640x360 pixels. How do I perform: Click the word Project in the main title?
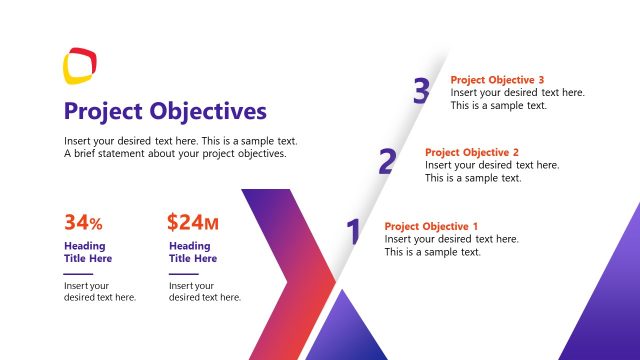coord(103,111)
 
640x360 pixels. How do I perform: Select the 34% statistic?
coord(83,222)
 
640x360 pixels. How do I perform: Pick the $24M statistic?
coord(192,222)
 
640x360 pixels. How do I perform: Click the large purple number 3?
coord(421,91)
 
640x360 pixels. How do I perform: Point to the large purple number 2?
coord(386,162)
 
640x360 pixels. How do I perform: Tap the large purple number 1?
coord(352,232)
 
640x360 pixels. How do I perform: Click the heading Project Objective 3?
coord(497,80)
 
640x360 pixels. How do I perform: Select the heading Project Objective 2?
coord(472,152)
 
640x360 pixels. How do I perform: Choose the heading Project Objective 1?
coord(431,226)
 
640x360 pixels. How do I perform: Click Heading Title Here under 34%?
coord(88,252)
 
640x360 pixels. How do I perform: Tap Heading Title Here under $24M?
coord(193,252)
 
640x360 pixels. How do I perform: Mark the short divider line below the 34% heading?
coord(78,273)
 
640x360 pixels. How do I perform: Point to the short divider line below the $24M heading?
coord(183,273)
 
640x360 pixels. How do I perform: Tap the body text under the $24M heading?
coord(204,291)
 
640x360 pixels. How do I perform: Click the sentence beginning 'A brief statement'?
coord(175,154)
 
